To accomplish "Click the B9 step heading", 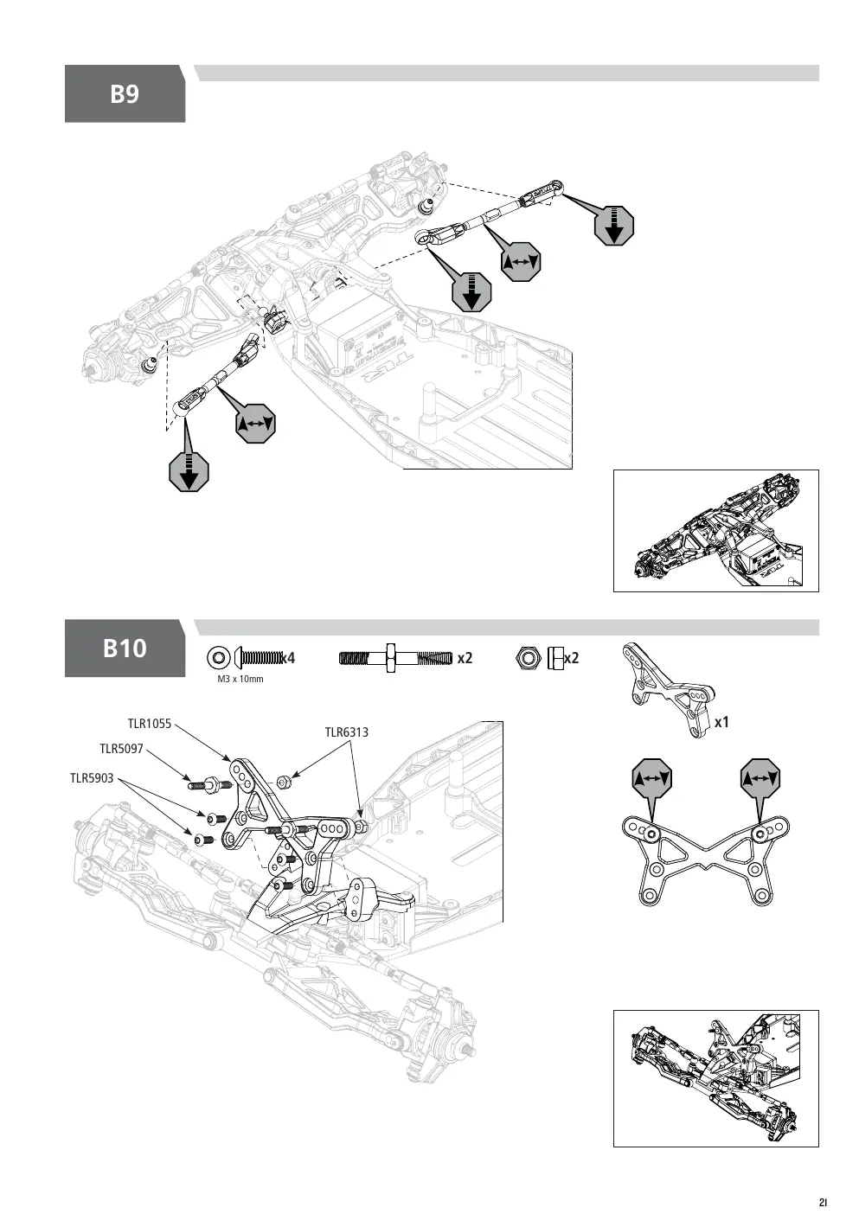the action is (125, 93).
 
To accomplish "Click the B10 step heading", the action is (125, 649).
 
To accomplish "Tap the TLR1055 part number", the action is (149, 724).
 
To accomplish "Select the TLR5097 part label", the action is (121, 749).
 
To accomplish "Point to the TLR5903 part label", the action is (92, 778).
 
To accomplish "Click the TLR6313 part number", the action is (347, 732).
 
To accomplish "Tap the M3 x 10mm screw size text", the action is (240, 679).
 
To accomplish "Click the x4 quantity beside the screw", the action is (288, 658).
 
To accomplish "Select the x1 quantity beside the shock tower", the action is (721, 723).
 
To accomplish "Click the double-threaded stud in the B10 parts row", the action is (395, 659).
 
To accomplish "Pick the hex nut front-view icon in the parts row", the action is (528, 658).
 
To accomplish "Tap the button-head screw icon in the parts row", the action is (259, 658).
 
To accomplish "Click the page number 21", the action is (823, 1202).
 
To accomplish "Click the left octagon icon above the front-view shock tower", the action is (652, 779).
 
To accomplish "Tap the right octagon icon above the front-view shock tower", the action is (760, 779).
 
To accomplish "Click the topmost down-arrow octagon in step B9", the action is (614, 226).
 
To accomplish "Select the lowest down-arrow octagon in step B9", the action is (189, 471).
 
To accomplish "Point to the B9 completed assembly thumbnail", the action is (716, 531).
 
